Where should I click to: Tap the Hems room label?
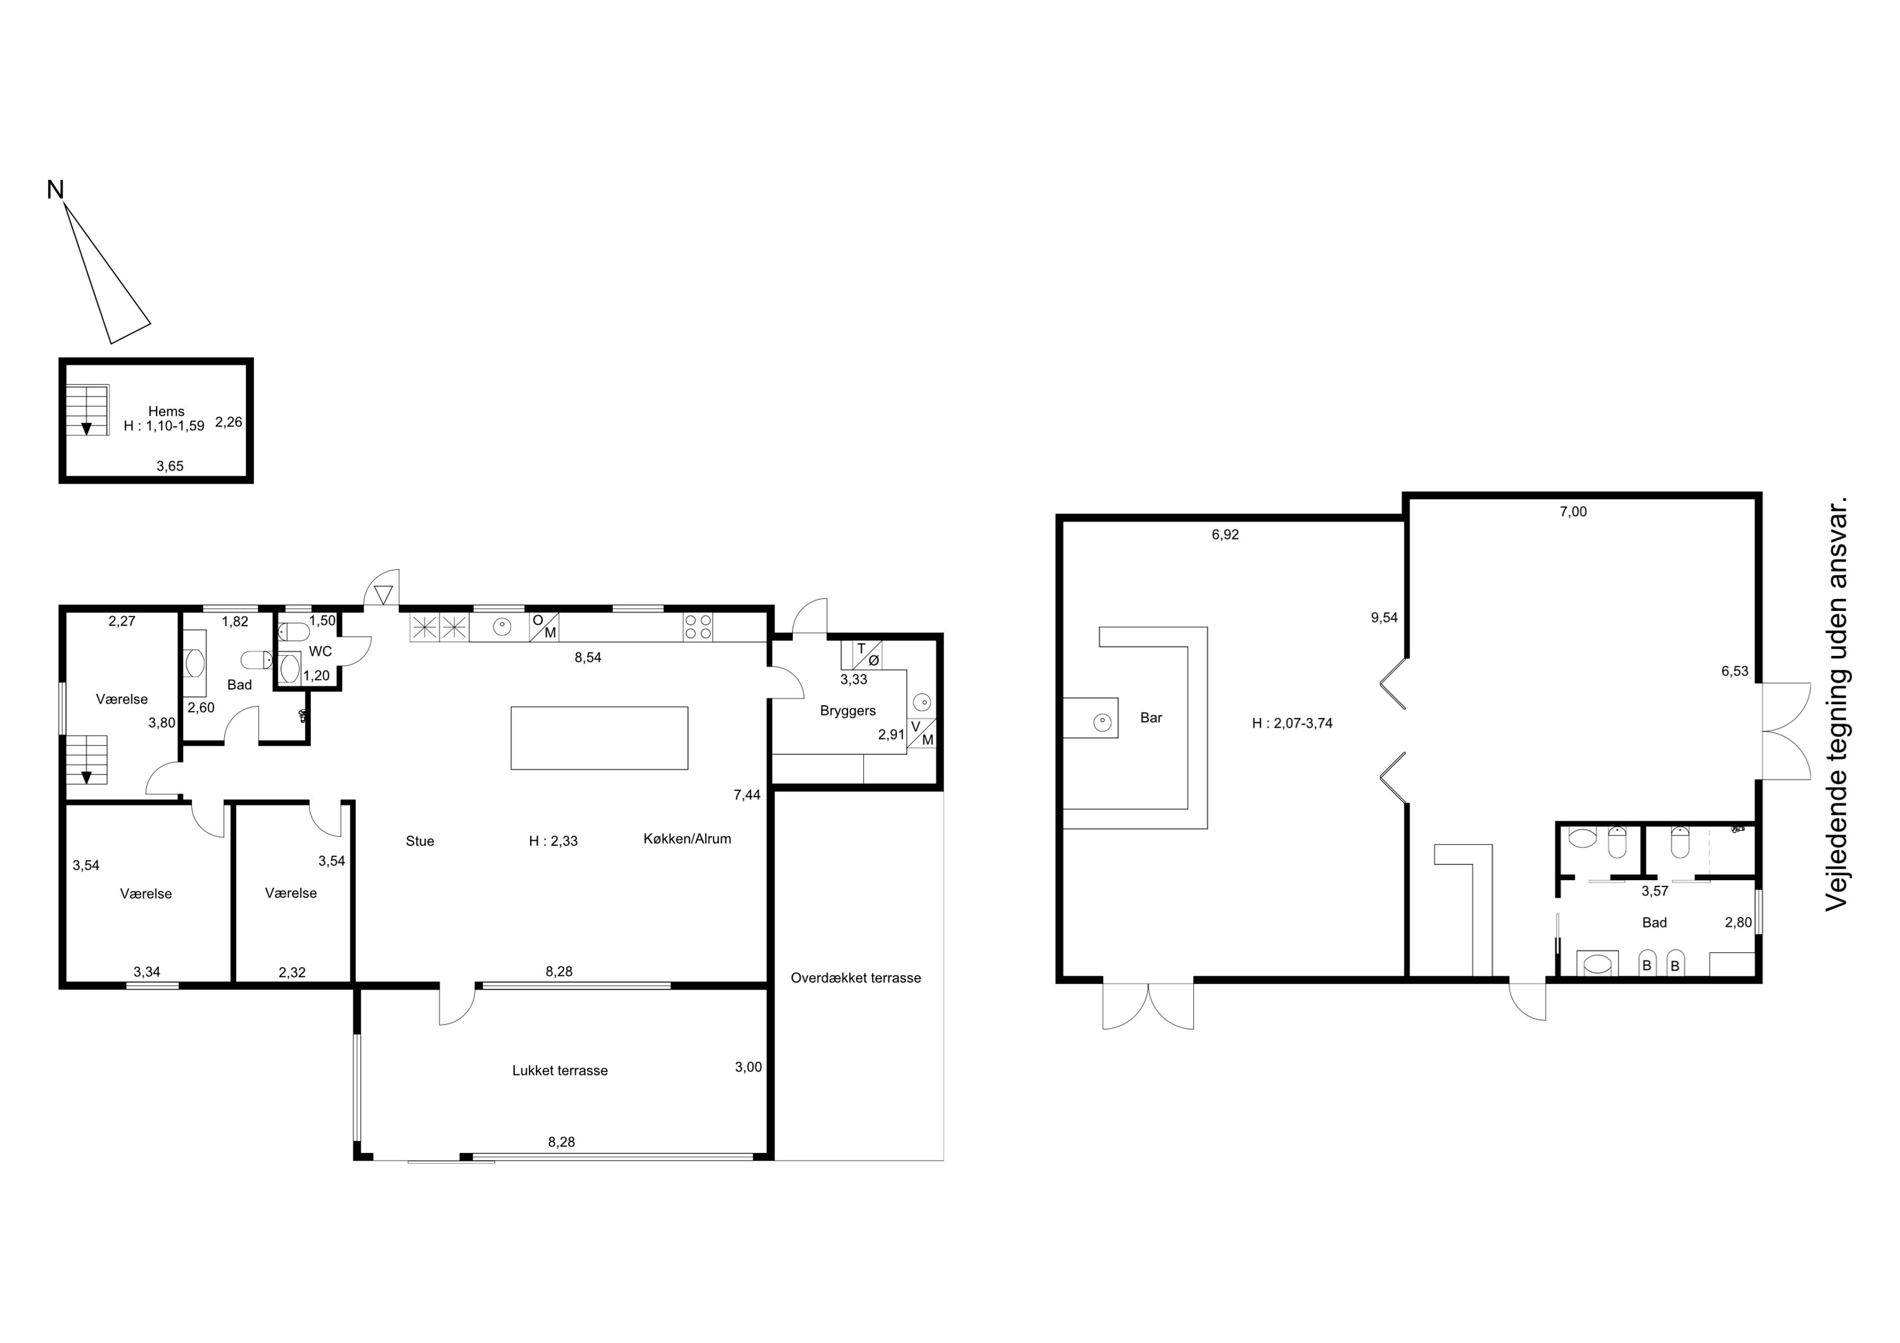point(167,411)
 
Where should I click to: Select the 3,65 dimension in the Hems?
point(170,466)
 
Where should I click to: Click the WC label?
point(320,651)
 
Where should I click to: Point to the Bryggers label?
point(847,711)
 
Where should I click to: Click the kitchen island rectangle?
point(599,738)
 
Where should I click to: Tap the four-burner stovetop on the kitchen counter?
point(697,627)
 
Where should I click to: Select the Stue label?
point(419,841)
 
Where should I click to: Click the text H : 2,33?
point(553,841)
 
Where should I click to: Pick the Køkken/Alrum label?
point(687,838)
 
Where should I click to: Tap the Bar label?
point(1151,717)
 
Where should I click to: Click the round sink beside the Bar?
point(1102,722)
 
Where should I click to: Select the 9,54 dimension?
point(1384,617)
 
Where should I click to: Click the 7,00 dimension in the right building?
point(1573,512)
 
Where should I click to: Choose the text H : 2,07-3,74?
point(1292,723)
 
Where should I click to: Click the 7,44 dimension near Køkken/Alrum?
point(747,795)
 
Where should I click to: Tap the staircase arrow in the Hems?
point(86,428)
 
